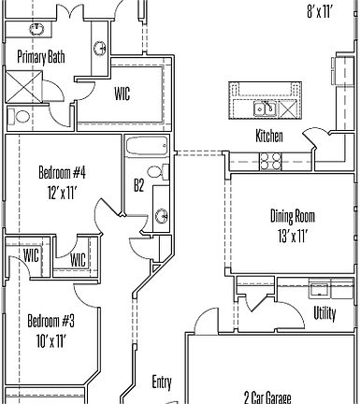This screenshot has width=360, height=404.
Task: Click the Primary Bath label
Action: [x=41, y=56]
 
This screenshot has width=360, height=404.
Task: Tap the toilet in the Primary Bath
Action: [x=20, y=117]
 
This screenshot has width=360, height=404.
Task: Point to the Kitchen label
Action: [x=270, y=136]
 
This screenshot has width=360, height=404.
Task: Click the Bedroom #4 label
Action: [x=63, y=172]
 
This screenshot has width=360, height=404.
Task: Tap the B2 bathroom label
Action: [x=138, y=186]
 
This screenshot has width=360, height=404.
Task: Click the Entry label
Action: [x=162, y=382]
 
